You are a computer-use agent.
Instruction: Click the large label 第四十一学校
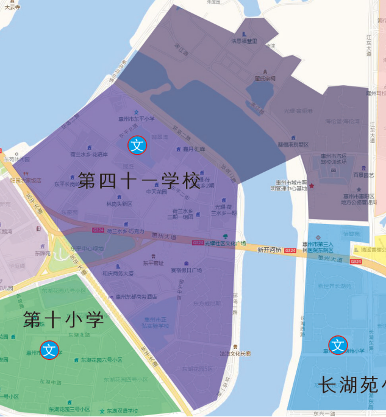pyautogui.click(x=139, y=181)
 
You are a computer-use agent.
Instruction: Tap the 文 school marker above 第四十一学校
pyautogui.click(x=137, y=145)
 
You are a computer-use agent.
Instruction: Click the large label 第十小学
pyautogui.click(x=63, y=320)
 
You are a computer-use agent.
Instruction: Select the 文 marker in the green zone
pyautogui.click(x=50, y=349)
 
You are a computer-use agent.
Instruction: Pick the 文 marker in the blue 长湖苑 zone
pyautogui.click(x=337, y=346)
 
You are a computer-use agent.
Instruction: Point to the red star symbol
pyautogui.click(x=312, y=185)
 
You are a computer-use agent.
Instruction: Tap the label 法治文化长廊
pyautogui.click(x=235, y=353)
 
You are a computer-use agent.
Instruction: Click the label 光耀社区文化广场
pyautogui.click(x=225, y=243)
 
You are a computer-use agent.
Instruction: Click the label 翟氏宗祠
pyautogui.click(x=265, y=79)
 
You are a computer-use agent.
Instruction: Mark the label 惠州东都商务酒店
pyautogui.click(x=132, y=297)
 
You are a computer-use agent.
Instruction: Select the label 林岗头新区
pyautogui.click(x=119, y=204)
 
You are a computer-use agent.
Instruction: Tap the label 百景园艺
pyautogui.click(x=363, y=175)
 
